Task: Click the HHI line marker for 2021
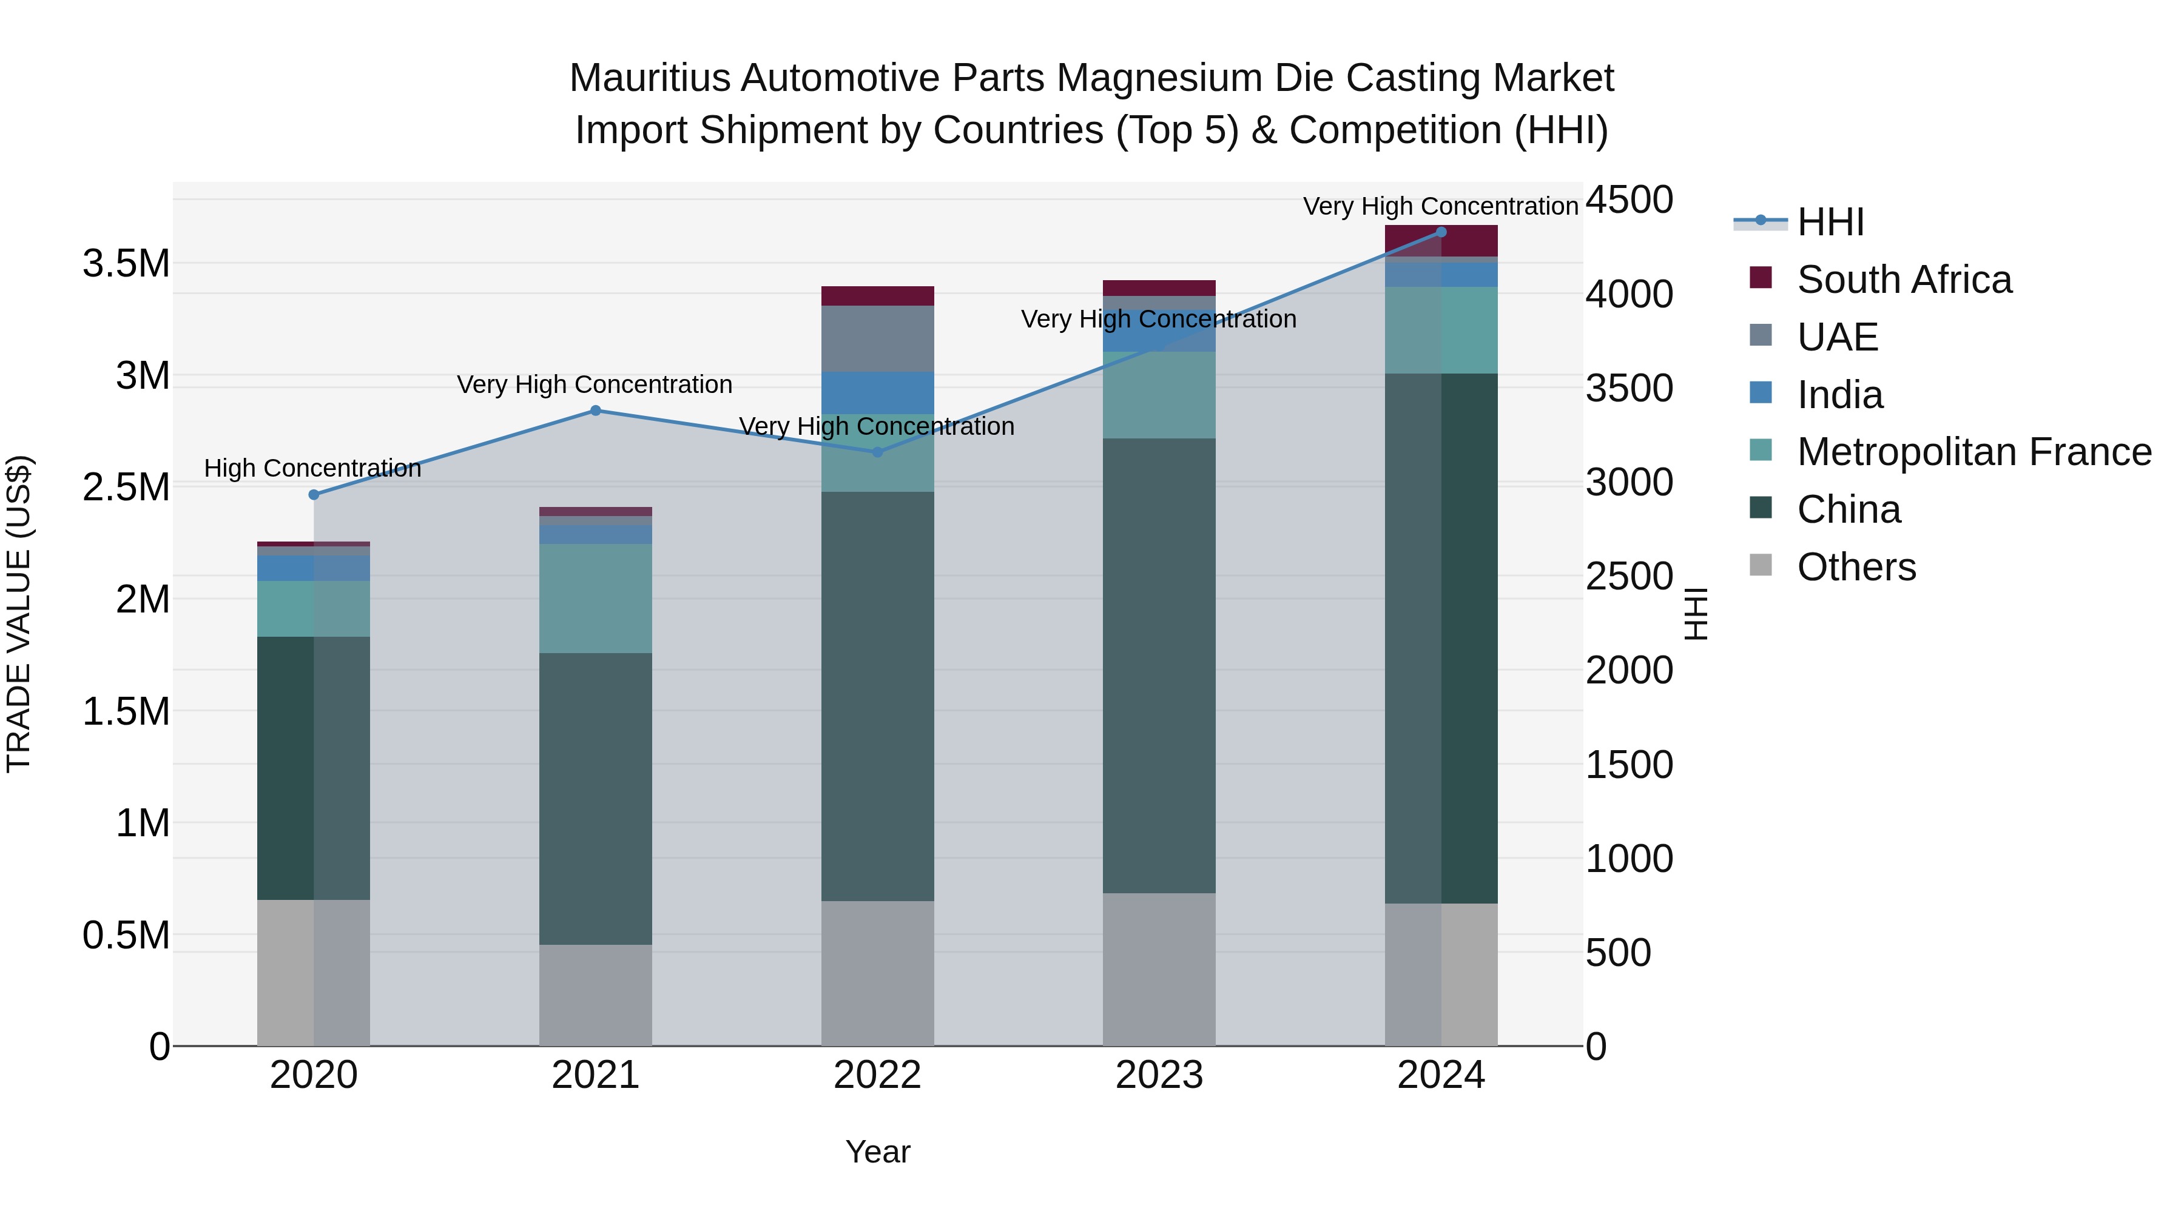coord(595,411)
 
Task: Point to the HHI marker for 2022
coord(877,452)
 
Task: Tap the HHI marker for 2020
coord(314,495)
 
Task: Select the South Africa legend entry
coord(1903,280)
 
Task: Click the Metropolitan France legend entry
coord(1973,452)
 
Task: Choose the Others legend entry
coord(1856,567)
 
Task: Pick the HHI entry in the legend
coord(1830,222)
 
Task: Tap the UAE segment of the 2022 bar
coord(877,338)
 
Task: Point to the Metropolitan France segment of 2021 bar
coord(595,599)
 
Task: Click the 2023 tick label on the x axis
coord(1159,1075)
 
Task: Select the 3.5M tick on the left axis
coord(126,264)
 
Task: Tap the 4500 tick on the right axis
coord(1629,201)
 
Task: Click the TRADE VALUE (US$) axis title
coord(19,614)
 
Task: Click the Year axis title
coord(877,1152)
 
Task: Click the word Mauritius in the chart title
coord(649,78)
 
